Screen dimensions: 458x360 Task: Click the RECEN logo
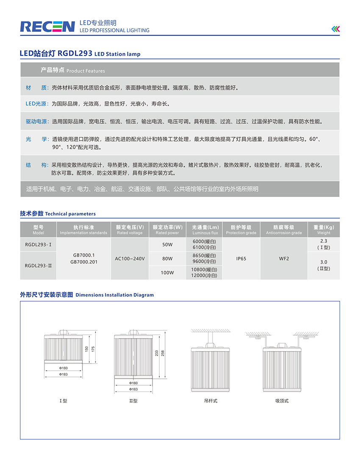coord(47,26)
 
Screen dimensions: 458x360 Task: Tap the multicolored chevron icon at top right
coord(335,29)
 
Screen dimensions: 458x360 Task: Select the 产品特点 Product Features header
coord(72,70)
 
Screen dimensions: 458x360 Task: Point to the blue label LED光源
coord(37,103)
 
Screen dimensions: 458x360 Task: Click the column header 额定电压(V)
coord(130,230)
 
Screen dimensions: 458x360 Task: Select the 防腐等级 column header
coord(284,230)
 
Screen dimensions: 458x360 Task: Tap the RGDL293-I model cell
coord(38,245)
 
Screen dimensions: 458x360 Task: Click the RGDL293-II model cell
coord(38,266)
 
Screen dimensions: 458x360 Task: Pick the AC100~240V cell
coord(130,258)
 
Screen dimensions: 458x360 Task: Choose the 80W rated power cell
coord(167,258)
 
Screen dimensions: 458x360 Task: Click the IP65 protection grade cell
coord(241,258)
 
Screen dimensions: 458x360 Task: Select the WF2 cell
coord(284,258)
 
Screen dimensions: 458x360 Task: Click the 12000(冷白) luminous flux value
coord(205,275)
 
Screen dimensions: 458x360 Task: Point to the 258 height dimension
coord(163,353)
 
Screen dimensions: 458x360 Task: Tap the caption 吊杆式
coord(210,401)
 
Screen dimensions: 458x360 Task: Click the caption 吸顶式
coord(282,401)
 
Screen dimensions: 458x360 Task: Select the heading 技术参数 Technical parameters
coord(58,214)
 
